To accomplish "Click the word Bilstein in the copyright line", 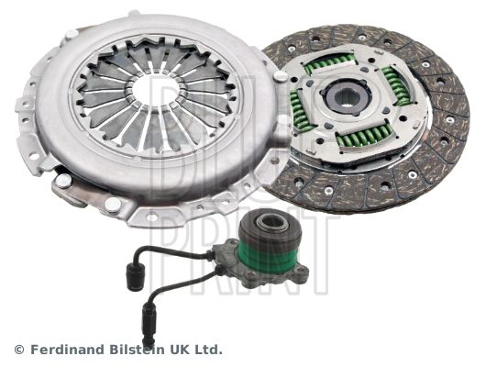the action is click(x=136, y=350).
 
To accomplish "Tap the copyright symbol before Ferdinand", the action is click(x=19, y=350).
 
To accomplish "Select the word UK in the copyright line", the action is click(x=178, y=350).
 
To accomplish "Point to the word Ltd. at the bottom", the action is click(x=206, y=350).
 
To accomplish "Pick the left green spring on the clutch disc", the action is click(x=299, y=111).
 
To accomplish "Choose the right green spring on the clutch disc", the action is click(x=396, y=85).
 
